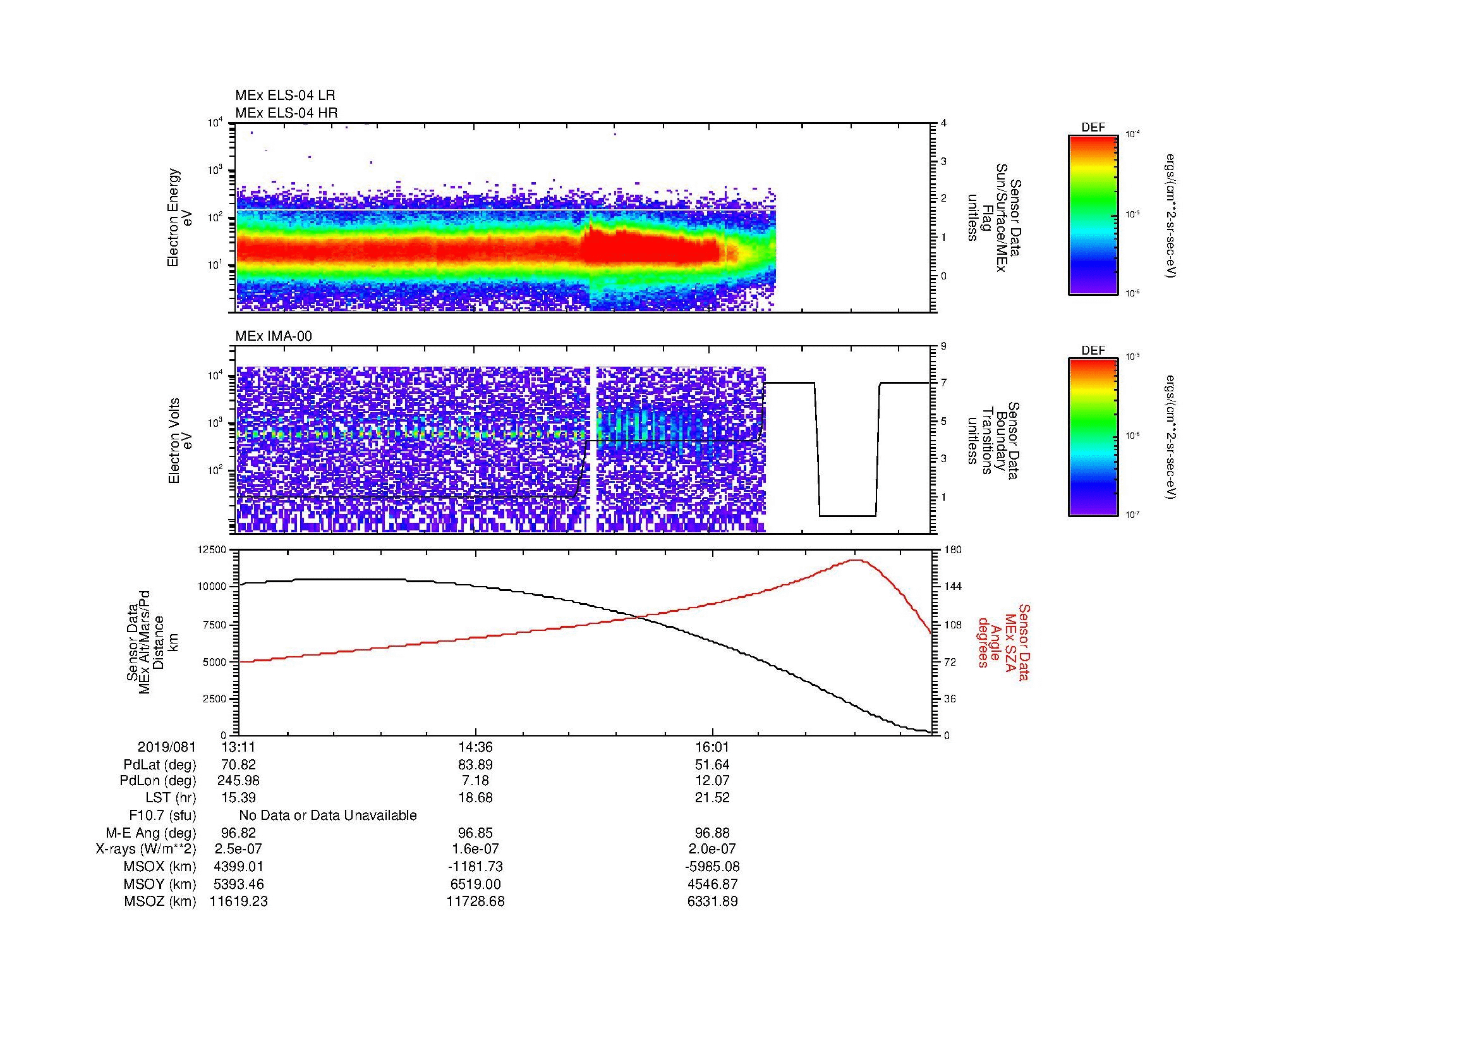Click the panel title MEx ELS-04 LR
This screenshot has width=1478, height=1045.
click(x=284, y=96)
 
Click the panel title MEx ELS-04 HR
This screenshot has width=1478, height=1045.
click(x=286, y=113)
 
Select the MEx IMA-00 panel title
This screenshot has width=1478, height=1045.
click(x=273, y=336)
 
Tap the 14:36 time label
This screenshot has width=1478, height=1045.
click(x=475, y=747)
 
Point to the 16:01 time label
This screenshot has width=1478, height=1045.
click(x=712, y=747)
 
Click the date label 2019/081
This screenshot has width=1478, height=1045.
click(x=167, y=747)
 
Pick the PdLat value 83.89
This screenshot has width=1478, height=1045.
click(x=475, y=765)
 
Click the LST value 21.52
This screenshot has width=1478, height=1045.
click(x=712, y=798)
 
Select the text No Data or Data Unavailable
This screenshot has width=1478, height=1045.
click(x=328, y=815)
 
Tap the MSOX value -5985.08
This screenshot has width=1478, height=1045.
click(x=712, y=867)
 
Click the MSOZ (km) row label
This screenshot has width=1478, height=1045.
click(x=160, y=901)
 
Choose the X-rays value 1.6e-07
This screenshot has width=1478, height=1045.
click(x=475, y=849)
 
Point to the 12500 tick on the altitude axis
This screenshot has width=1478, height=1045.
click(x=212, y=550)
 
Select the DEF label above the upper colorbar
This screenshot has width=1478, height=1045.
click(x=1093, y=128)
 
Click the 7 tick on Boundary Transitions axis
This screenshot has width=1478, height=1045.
click(x=943, y=384)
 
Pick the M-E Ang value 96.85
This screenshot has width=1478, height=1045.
click(x=475, y=833)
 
